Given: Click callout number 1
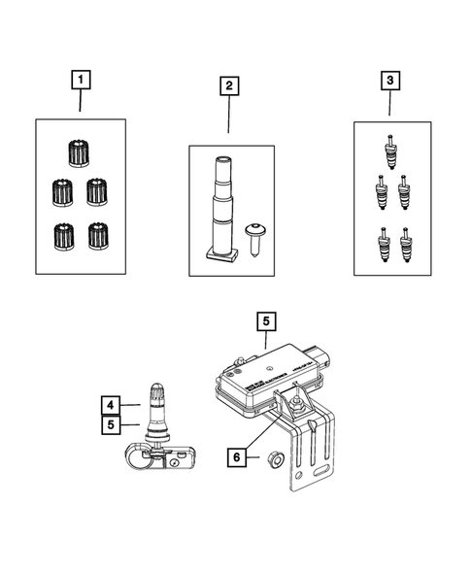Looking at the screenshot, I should (x=81, y=78).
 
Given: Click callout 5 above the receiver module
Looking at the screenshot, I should (x=265, y=319).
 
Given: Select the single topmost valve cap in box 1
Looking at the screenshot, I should (x=78, y=151).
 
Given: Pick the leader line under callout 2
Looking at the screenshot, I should (x=229, y=118).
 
